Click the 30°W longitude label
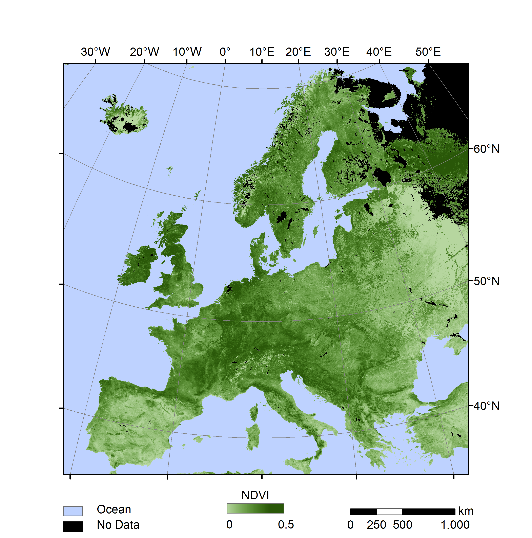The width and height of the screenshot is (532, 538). click(95, 52)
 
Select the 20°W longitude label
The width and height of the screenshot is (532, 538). click(144, 52)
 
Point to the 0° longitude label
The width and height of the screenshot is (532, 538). click(225, 52)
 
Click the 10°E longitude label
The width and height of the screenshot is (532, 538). click(262, 52)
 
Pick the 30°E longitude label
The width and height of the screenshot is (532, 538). click(336, 52)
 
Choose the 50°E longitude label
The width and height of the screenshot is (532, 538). click(428, 52)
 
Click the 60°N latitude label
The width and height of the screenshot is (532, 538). click(486, 149)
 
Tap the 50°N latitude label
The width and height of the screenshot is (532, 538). click(486, 281)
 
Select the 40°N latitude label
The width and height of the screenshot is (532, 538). click(486, 406)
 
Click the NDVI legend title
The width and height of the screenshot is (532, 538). click(255, 495)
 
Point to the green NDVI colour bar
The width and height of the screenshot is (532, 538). click(255, 508)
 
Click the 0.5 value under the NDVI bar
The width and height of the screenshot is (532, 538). click(286, 525)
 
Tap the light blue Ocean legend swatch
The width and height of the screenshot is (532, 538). click(73, 511)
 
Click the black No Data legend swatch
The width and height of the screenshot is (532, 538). click(73, 526)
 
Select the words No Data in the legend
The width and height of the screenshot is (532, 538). click(118, 525)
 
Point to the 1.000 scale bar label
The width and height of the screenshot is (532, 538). click(455, 525)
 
